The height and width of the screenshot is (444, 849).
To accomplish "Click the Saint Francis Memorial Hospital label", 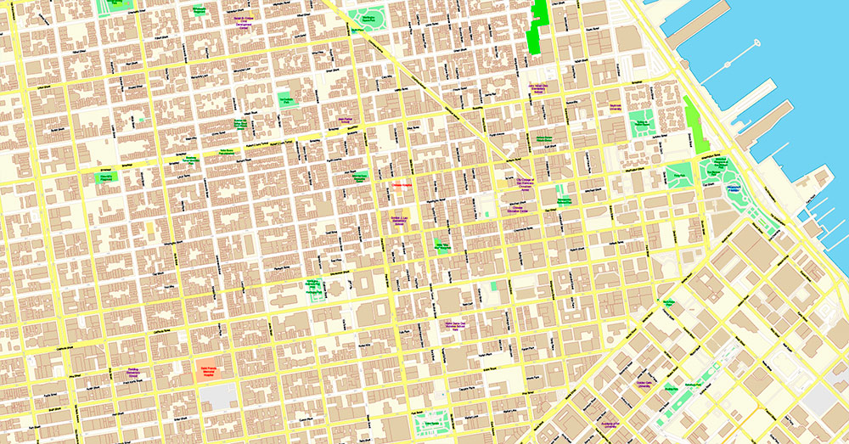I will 204,370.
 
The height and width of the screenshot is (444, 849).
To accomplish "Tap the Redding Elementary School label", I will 132,371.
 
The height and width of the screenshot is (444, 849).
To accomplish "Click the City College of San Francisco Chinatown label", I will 525,183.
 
